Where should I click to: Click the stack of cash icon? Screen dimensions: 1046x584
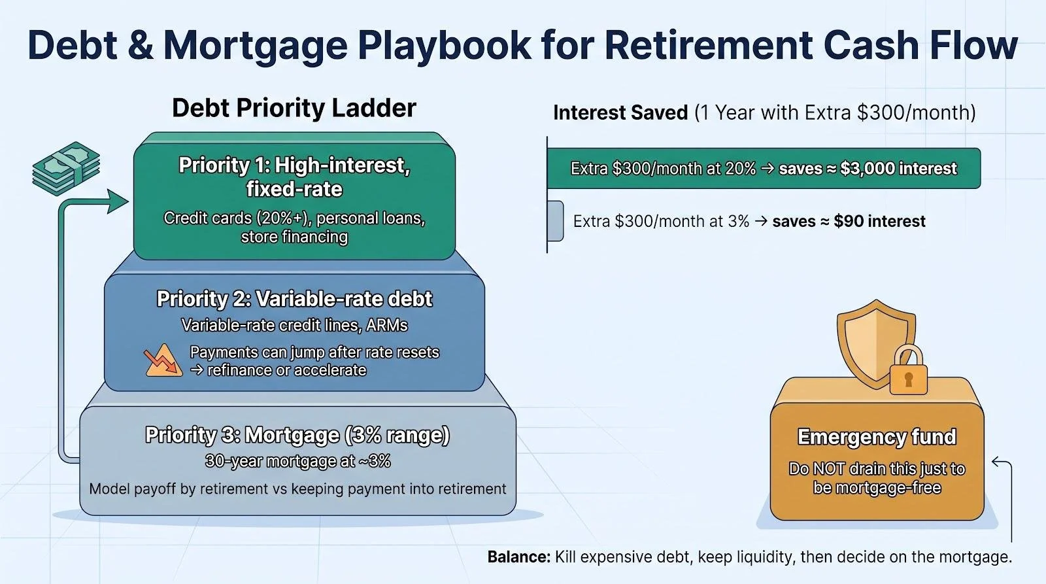(66, 169)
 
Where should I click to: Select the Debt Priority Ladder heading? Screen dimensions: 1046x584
(294, 108)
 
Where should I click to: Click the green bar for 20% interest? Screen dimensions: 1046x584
(764, 168)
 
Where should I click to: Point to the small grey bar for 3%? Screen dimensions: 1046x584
(555, 221)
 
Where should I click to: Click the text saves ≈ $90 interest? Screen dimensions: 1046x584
(849, 221)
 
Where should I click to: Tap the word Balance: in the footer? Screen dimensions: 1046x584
(519, 557)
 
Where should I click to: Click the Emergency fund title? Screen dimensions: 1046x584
(877, 437)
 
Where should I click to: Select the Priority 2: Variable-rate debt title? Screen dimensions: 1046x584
(294, 299)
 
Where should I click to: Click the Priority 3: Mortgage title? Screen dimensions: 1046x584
(297, 435)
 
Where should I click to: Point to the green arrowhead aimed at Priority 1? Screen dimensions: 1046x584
(117, 201)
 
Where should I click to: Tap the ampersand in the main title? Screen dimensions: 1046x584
(140, 45)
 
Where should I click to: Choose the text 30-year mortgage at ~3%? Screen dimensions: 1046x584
(298, 462)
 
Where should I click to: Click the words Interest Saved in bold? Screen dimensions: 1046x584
(620, 112)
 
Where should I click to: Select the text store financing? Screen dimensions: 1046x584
(294, 237)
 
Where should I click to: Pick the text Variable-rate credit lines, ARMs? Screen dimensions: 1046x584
(294, 325)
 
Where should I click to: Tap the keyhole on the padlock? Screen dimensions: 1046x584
(908, 379)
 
